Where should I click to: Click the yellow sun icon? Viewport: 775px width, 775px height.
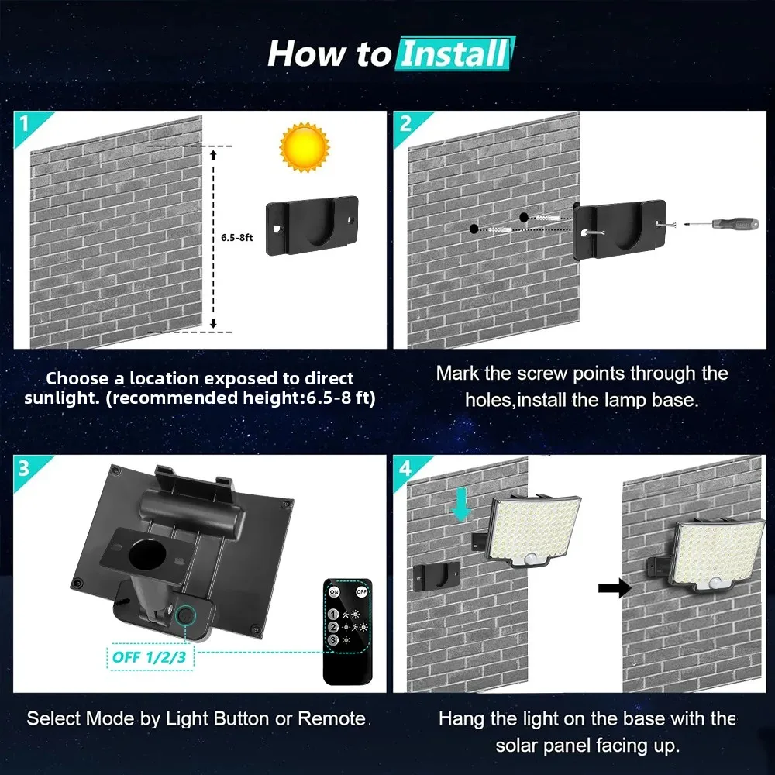pyautogui.click(x=304, y=147)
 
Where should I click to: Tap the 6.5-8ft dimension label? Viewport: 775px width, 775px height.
pyautogui.click(x=236, y=238)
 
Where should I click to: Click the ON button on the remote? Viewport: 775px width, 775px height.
pyautogui.click(x=335, y=591)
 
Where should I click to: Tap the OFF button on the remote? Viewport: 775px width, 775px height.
pyautogui.click(x=361, y=591)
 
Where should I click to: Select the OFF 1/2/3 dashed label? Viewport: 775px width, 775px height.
pyautogui.click(x=150, y=657)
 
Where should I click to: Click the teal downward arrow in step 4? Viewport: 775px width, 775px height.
pyautogui.click(x=461, y=505)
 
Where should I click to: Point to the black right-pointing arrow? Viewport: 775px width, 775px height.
pyautogui.click(x=615, y=588)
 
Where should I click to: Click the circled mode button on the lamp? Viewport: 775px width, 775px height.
pyautogui.click(x=186, y=616)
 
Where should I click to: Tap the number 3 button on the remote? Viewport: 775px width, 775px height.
pyautogui.click(x=333, y=640)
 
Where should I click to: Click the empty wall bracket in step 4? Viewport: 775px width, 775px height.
pyautogui.click(x=436, y=575)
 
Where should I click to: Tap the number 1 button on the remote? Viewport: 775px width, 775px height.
pyautogui.click(x=333, y=615)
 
